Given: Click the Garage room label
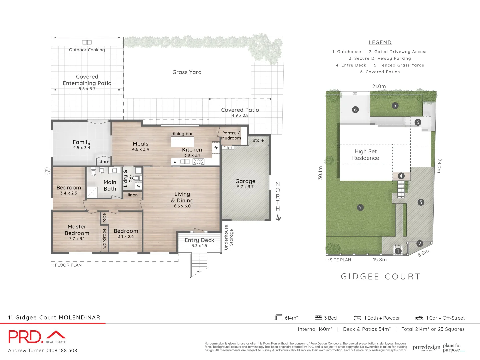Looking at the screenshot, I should click(x=245, y=181).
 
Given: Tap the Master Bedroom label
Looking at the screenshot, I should click(x=77, y=230).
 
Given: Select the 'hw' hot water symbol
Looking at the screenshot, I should click(x=48, y=171).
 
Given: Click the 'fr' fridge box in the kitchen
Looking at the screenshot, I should click(x=216, y=148).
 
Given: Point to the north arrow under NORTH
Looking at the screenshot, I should click(x=278, y=218).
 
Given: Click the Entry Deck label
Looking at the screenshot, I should click(x=199, y=240).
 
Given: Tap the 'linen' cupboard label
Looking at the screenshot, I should click(x=133, y=195).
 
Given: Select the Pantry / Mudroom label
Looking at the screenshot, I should click(x=231, y=135).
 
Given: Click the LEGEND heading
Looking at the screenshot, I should click(x=380, y=42).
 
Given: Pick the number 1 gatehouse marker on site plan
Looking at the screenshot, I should click(x=398, y=251).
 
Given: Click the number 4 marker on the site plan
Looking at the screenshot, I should click(x=401, y=176).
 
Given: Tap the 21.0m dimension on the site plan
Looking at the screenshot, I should click(x=379, y=86).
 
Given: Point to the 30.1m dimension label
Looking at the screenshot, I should click(x=320, y=173).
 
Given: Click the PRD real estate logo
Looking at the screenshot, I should click(x=37, y=337).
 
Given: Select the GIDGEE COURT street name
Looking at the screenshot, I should click(x=380, y=277).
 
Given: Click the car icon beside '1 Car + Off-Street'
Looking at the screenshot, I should click(x=419, y=318).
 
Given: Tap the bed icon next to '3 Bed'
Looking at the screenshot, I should click(x=318, y=318).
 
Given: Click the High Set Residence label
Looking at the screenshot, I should click(x=366, y=155).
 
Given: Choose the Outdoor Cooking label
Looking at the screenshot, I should click(x=87, y=50).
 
